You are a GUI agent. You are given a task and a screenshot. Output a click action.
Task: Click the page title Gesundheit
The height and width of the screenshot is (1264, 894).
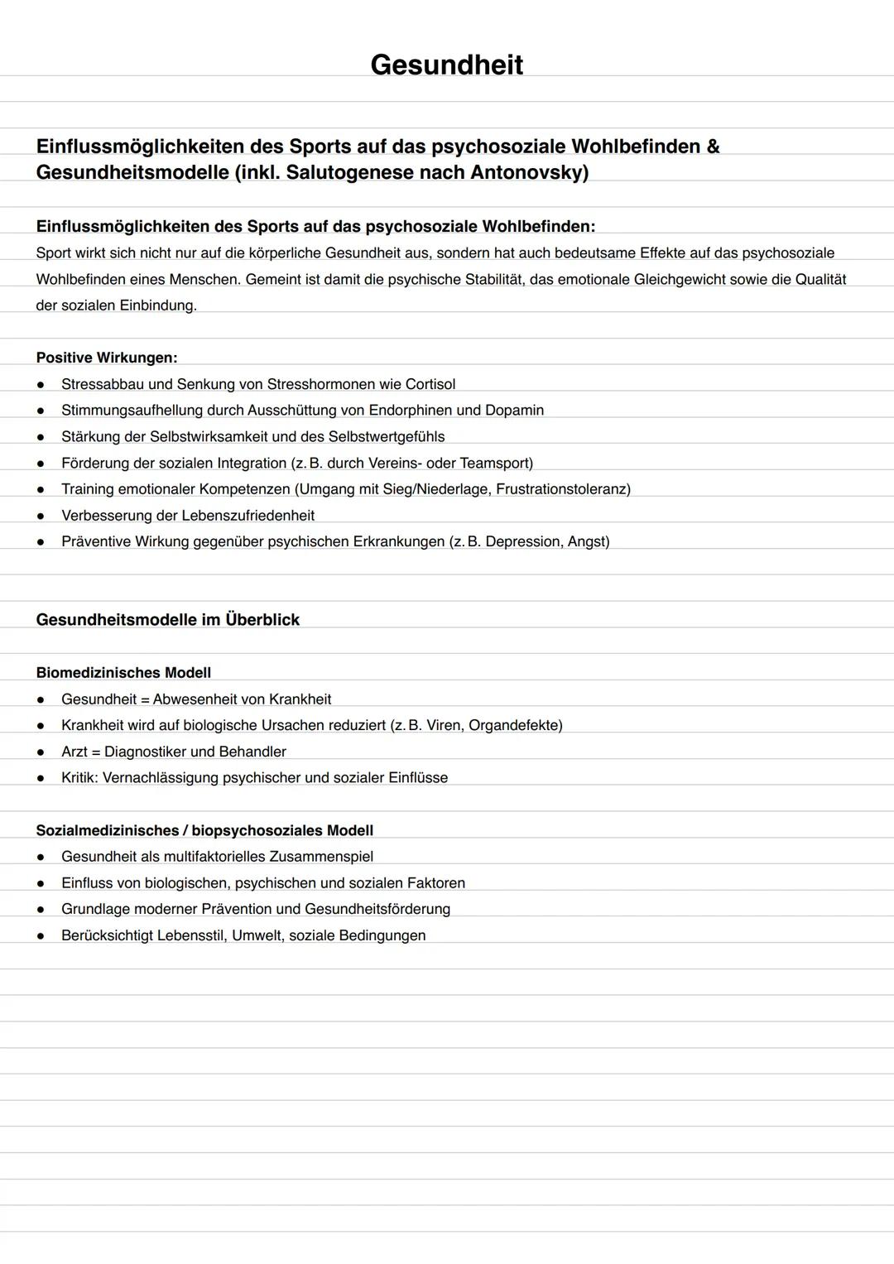[446, 65]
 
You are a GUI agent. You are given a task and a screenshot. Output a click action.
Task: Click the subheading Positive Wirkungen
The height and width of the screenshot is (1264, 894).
[107, 358]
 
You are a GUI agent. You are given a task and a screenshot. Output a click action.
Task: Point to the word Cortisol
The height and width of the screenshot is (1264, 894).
[430, 384]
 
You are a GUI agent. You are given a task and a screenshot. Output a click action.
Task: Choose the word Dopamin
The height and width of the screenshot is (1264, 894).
[514, 411]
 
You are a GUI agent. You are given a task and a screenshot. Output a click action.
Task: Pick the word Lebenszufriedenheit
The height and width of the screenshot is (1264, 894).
[248, 516]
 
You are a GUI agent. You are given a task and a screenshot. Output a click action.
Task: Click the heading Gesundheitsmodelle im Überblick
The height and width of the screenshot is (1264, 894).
[168, 620]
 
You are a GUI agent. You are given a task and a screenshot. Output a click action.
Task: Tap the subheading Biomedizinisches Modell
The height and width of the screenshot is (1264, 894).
[123, 673]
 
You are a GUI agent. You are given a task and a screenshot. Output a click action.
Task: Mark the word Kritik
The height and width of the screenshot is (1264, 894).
[79, 778]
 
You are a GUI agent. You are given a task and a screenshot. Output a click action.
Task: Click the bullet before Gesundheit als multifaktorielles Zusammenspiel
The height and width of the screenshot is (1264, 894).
[40, 857]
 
